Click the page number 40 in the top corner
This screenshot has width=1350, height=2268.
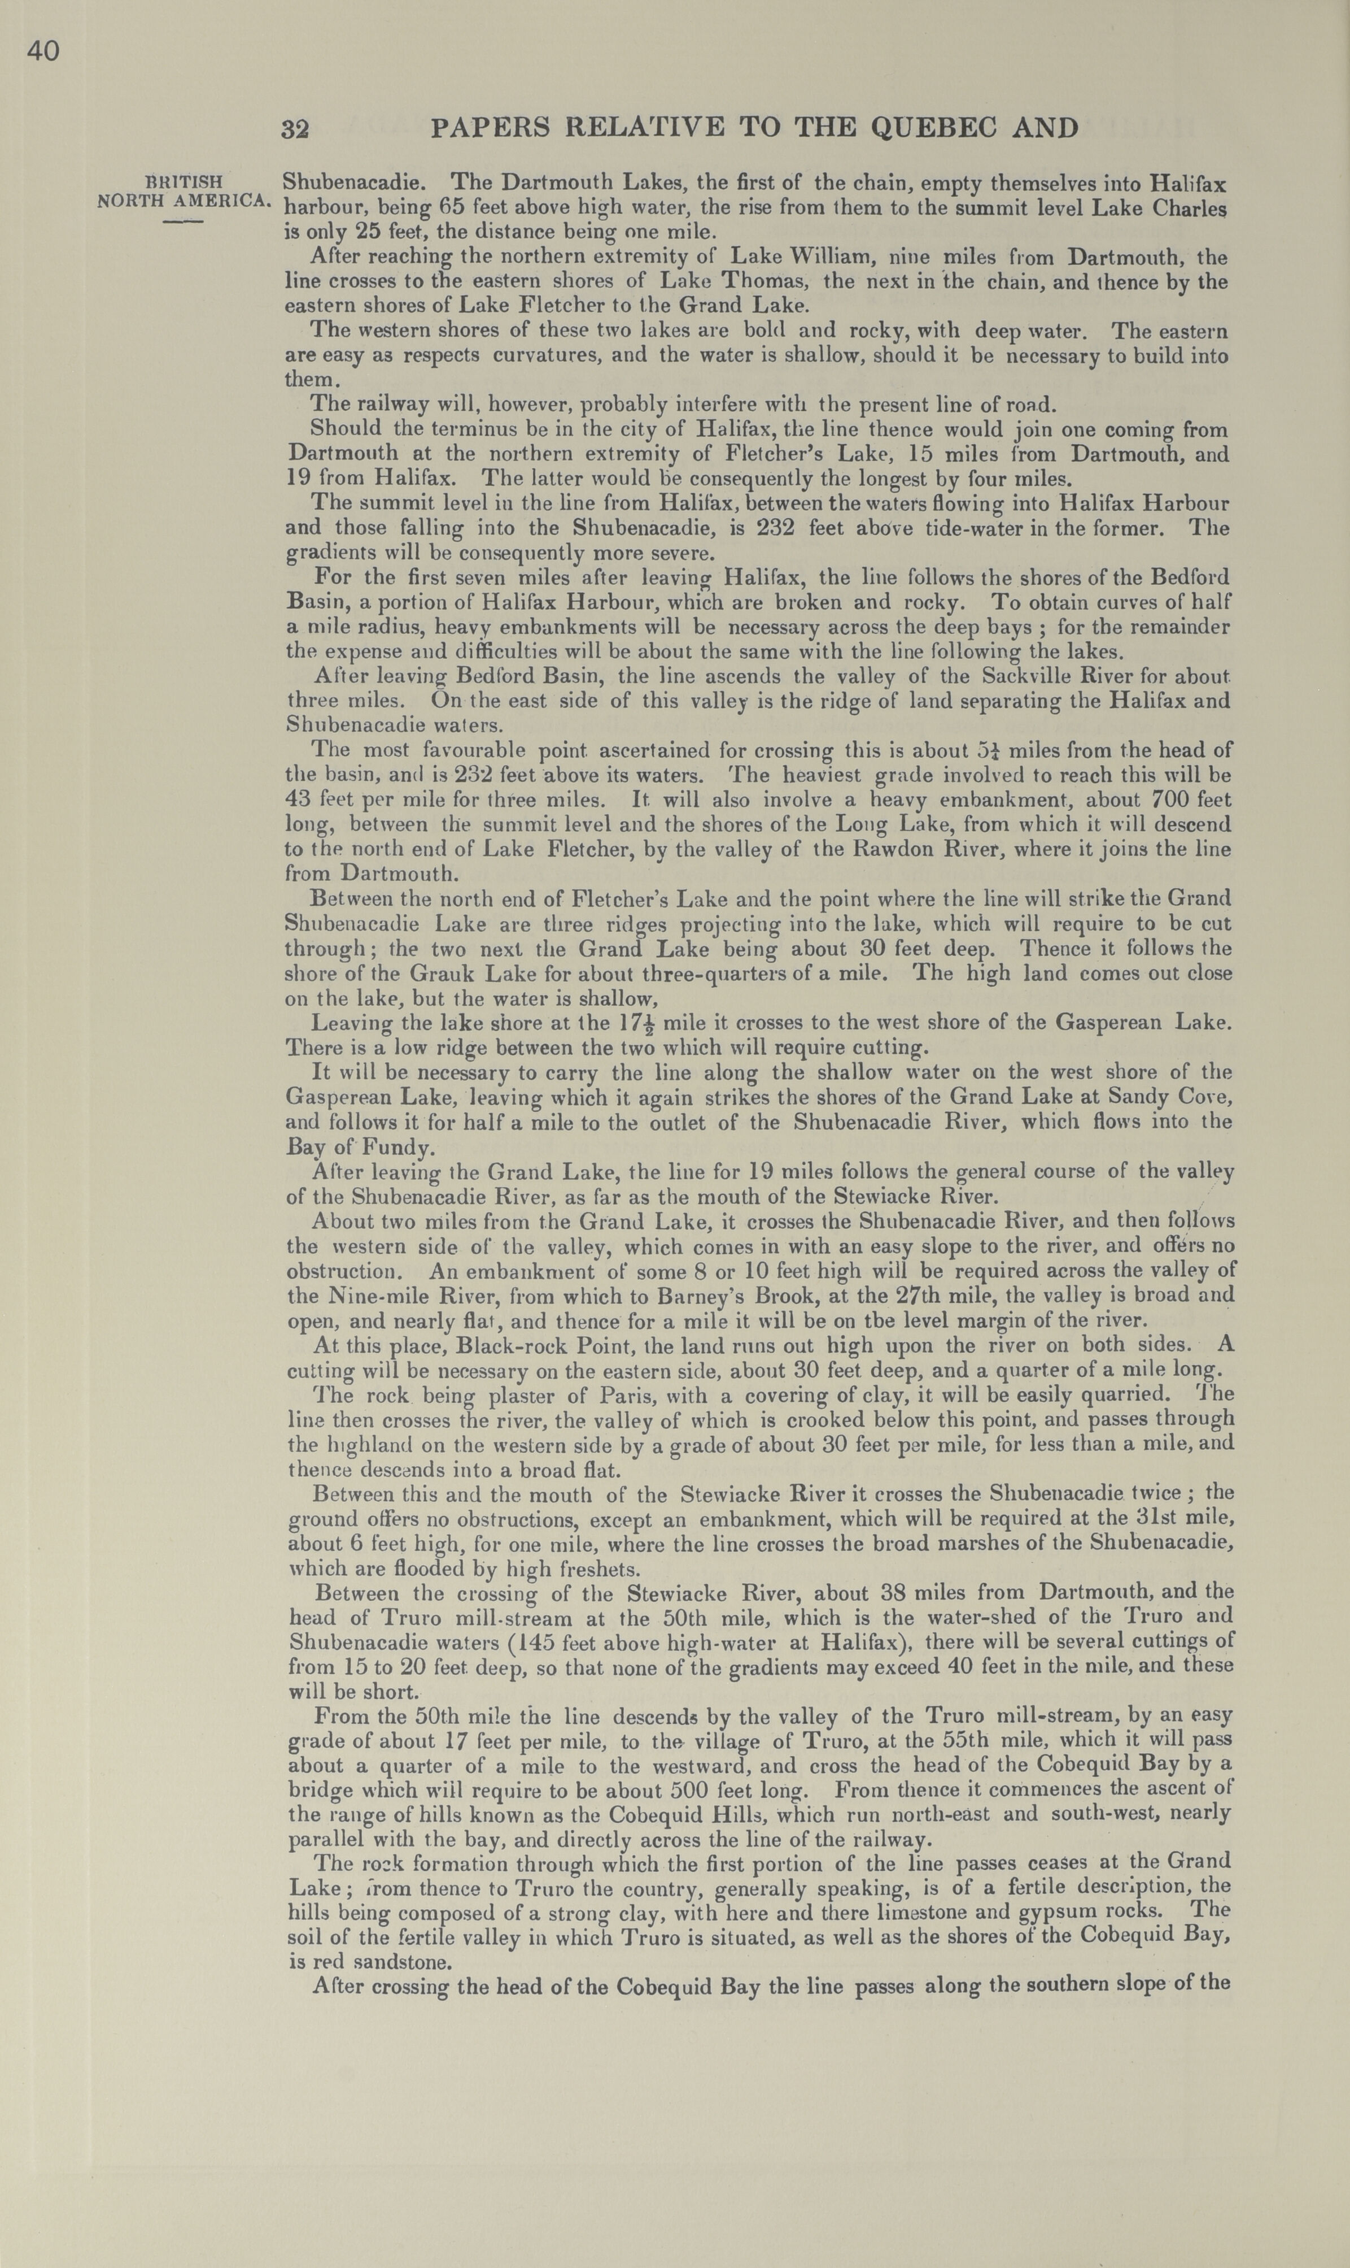tap(43, 52)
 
